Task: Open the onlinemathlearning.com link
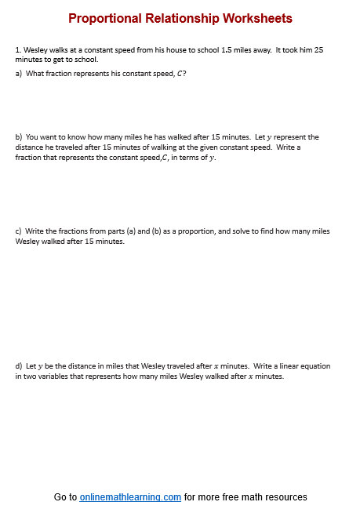(x=130, y=497)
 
